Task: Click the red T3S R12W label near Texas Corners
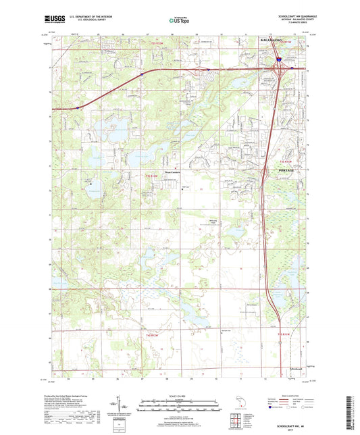click(x=152, y=176)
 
